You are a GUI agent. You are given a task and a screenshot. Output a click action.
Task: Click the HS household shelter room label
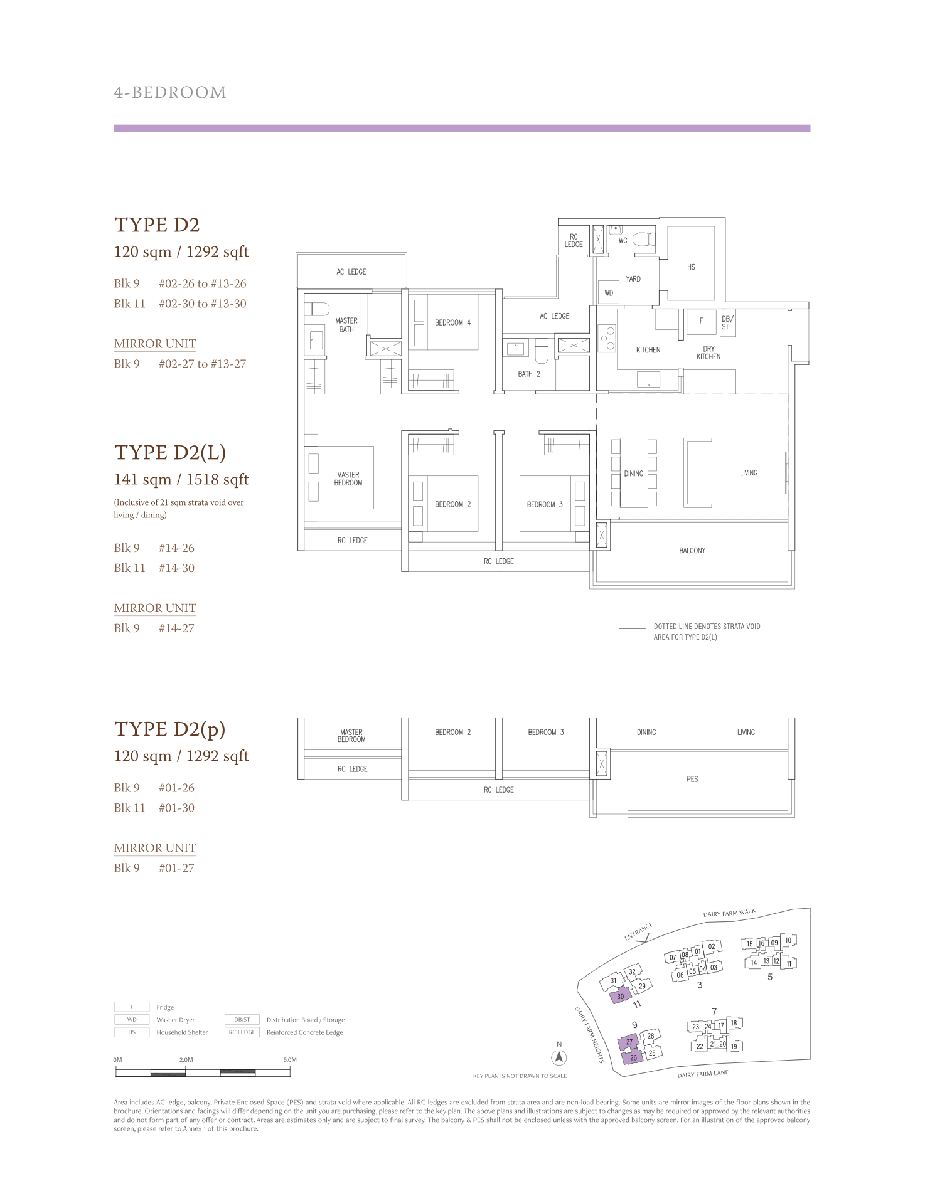pos(691,267)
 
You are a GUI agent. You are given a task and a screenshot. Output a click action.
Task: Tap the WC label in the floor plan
pos(623,241)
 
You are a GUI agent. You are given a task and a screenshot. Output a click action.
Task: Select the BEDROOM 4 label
pos(452,322)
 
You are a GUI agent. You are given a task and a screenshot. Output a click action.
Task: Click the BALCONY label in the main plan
pos(692,551)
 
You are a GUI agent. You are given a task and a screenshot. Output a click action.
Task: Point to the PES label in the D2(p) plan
pos(692,779)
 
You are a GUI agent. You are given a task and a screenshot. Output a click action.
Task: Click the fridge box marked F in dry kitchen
pos(702,321)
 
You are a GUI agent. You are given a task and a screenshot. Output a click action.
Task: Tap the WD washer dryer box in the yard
pos(609,293)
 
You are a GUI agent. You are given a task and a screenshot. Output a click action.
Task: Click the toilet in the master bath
pos(317,309)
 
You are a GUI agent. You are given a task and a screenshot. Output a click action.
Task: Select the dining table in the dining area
pos(634,473)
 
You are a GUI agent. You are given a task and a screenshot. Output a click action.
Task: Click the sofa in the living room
pos(697,472)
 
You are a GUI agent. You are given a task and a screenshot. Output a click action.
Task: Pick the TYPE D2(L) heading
pos(170,453)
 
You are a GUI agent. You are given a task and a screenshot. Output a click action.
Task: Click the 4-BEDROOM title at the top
pos(170,93)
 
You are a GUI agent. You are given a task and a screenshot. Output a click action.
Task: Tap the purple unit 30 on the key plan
pos(621,996)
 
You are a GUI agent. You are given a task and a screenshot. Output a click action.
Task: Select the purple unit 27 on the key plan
pos(629,1042)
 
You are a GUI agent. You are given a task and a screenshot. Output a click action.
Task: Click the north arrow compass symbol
pos(559,1057)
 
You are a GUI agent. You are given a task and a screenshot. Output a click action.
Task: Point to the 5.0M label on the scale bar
pos(289,1060)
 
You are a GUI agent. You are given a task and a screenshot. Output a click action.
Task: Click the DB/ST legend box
pos(242,1020)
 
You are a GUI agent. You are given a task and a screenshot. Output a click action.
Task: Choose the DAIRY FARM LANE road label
pos(703,1074)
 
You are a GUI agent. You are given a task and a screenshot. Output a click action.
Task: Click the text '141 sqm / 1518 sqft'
pos(181,480)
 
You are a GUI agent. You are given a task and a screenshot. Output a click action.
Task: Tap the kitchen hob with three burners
pos(607,339)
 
